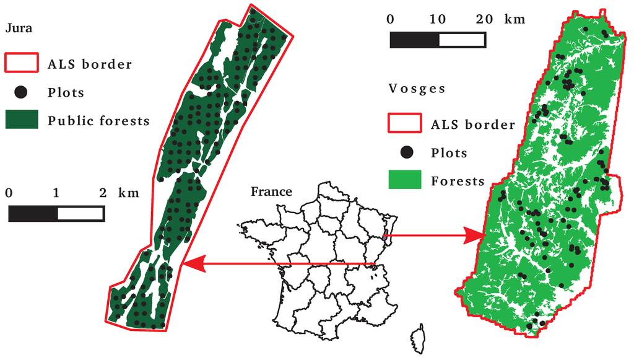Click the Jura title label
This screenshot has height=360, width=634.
[x=15, y=28]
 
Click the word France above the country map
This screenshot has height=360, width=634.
[x=271, y=191]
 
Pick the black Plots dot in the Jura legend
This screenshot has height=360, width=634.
[x=21, y=92]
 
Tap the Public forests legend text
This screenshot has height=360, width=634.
[x=98, y=121]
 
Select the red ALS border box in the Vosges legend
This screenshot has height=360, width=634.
[x=404, y=124]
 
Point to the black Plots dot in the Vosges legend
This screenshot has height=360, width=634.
[x=406, y=152]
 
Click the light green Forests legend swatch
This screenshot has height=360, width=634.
[x=404, y=180]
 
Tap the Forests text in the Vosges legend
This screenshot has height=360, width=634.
[x=458, y=181]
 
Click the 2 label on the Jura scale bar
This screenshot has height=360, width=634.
[x=103, y=193]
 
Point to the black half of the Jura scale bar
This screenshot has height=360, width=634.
[x=33, y=214]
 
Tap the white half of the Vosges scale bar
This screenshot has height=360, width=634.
[x=462, y=40]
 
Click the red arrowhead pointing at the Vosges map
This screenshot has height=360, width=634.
[x=476, y=235]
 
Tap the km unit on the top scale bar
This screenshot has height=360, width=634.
[x=515, y=19]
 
